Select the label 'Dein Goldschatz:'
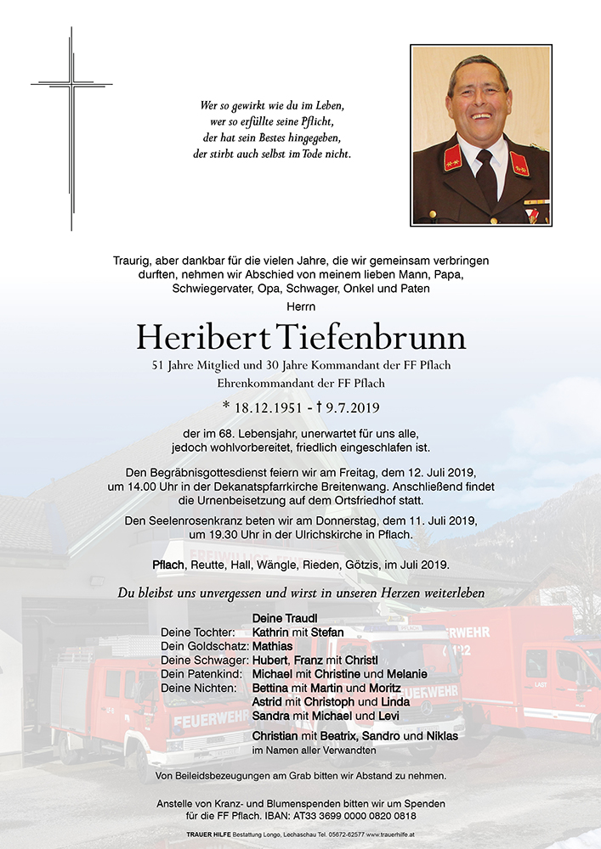pos(204,646)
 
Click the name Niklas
pos(440,735)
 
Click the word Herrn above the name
pos(301,303)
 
